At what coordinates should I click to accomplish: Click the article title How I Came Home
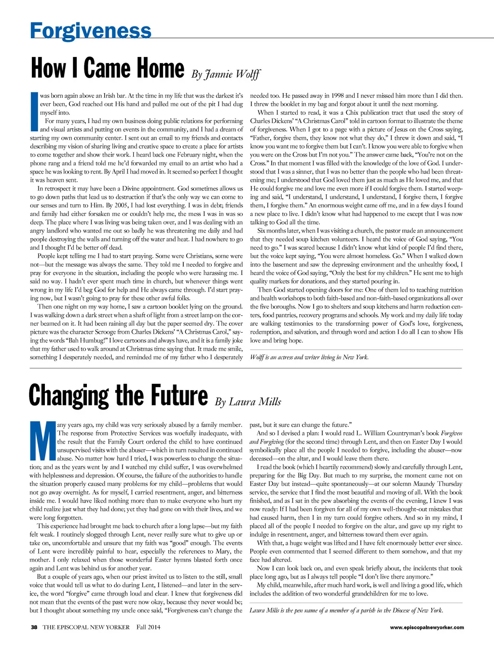(107, 68)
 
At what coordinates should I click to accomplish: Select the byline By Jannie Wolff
(226, 74)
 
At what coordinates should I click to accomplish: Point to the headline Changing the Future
(118, 395)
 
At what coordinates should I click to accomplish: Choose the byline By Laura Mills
(248, 402)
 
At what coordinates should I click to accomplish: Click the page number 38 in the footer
(34, 627)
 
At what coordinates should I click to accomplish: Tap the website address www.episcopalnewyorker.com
(427, 627)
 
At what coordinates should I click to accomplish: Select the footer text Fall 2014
(148, 627)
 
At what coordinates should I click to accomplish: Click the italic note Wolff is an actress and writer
(309, 357)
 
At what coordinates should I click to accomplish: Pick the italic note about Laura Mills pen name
(346, 610)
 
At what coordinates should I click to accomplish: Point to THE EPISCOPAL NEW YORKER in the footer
(86, 627)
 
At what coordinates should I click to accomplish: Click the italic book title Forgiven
(452, 433)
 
